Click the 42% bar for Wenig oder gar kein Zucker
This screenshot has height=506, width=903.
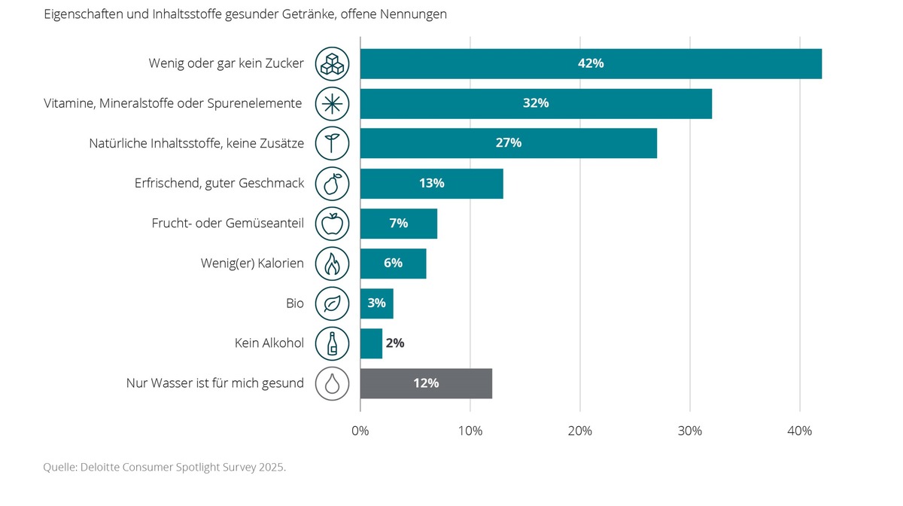(x=591, y=63)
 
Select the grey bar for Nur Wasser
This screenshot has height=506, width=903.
(x=426, y=383)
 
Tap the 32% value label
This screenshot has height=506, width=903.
(x=536, y=103)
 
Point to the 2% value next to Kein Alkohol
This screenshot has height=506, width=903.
(x=395, y=343)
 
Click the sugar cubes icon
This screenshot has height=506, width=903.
(x=332, y=64)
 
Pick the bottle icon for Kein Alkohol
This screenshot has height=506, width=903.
(x=332, y=344)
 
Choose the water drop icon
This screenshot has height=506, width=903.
(x=332, y=384)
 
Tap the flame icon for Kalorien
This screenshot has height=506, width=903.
(x=332, y=264)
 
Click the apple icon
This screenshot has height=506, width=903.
(x=332, y=224)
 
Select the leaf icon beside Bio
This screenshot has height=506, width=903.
(x=332, y=303)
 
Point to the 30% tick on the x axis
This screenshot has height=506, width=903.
(x=690, y=431)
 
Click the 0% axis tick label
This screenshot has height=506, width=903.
(x=360, y=431)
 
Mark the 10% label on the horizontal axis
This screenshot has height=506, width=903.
(x=470, y=431)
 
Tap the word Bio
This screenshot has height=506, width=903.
(x=295, y=303)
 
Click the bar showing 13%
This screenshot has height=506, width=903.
(x=431, y=184)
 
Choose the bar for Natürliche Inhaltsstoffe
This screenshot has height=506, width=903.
(x=509, y=143)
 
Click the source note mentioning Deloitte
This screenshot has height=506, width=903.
(x=164, y=468)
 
